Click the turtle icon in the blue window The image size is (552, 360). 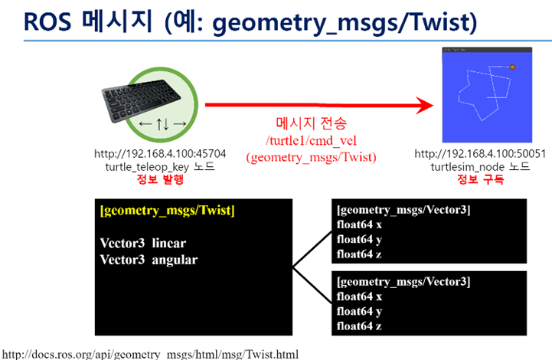click(512, 68)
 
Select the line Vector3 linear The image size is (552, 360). click(142, 243)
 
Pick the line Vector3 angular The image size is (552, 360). click(149, 260)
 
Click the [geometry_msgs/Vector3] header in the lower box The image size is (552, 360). click(403, 283)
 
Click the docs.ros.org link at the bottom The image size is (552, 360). click(150, 354)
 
